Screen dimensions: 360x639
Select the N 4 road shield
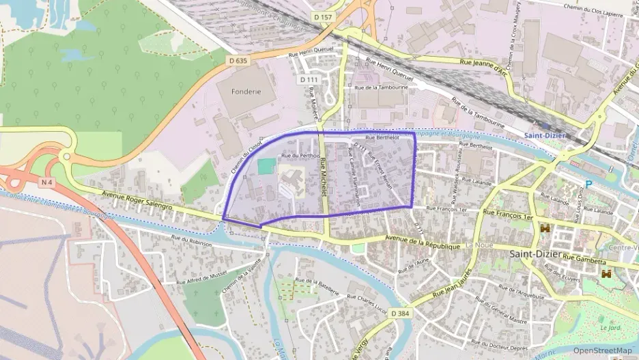pyautogui.click(x=46, y=182)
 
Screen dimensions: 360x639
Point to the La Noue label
pyautogui.click(x=479, y=245)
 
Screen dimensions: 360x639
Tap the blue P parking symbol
pyautogui.click(x=588, y=184)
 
